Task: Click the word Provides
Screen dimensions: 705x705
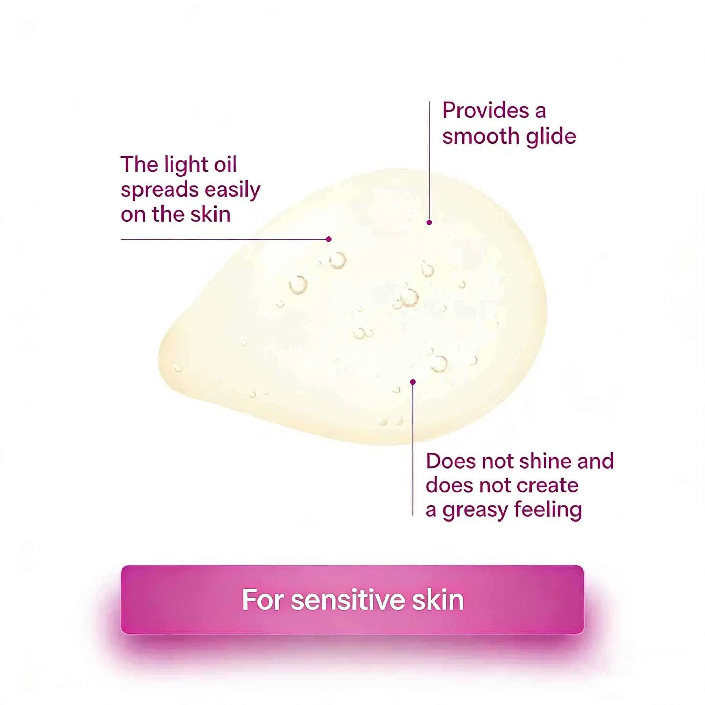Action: coord(486,111)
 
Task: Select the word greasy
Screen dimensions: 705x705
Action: coord(475,511)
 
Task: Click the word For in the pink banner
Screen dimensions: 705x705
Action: coord(263,600)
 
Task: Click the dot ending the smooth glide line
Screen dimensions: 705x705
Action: coord(429,222)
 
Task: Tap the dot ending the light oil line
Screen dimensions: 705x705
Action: coord(329,239)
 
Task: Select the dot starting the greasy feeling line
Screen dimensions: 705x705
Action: coord(413,382)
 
